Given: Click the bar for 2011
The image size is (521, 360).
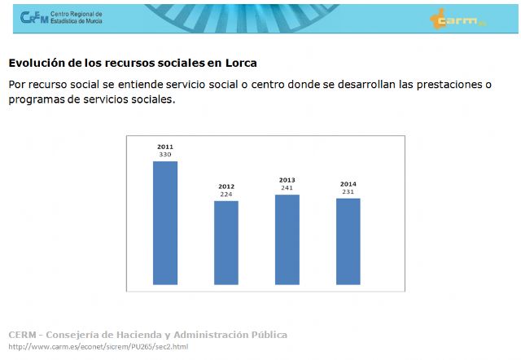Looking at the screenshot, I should [165, 223].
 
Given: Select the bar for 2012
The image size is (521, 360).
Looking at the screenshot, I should [226, 243].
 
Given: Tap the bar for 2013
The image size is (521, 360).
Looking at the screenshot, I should [287, 239].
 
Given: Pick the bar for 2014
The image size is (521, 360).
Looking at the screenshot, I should [348, 241].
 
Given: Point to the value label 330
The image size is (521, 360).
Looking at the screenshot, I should [165, 155].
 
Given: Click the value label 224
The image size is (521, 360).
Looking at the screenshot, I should [226, 195].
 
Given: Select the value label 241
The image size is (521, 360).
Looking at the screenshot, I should [287, 188].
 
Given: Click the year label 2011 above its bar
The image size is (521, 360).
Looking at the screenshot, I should [165, 147].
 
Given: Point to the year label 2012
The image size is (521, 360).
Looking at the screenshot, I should [226, 187].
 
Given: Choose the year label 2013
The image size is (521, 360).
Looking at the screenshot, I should [287, 180].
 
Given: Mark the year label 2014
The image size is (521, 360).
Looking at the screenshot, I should [348, 184].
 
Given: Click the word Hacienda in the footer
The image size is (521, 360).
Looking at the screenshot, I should [164, 335].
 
